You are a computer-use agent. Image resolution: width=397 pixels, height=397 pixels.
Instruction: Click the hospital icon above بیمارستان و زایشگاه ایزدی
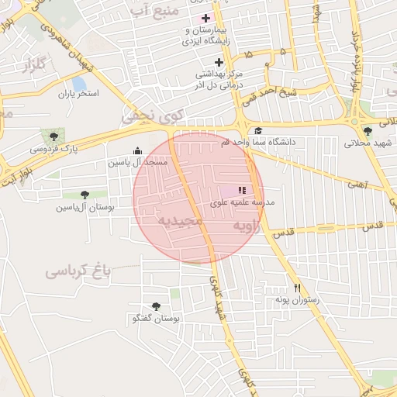tap(205, 18)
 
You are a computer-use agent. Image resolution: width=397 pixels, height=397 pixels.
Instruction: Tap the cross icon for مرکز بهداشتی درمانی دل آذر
tap(219, 62)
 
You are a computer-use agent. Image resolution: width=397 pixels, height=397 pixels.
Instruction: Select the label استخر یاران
tap(78, 94)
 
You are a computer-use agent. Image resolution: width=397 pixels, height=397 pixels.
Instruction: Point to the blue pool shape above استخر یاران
tap(78, 82)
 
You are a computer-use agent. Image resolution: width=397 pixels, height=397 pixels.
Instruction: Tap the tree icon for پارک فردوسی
tap(53, 136)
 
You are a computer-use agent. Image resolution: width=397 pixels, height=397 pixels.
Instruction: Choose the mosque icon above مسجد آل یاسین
tap(138, 150)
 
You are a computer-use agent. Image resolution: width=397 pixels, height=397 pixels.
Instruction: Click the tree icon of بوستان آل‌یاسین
tap(85, 195)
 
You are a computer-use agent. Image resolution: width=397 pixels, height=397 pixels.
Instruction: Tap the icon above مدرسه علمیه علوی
tap(241, 190)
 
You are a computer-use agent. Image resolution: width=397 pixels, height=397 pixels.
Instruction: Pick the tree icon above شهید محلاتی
tap(368, 131)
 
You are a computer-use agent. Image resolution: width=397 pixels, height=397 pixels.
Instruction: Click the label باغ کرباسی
tap(78, 271)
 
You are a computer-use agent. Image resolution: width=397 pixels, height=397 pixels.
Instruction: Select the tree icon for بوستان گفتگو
tap(156, 306)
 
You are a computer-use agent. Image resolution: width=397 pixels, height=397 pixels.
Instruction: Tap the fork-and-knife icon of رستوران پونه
tap(295, 287)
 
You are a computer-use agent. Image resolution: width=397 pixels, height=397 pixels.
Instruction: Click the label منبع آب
tap(155, 10)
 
